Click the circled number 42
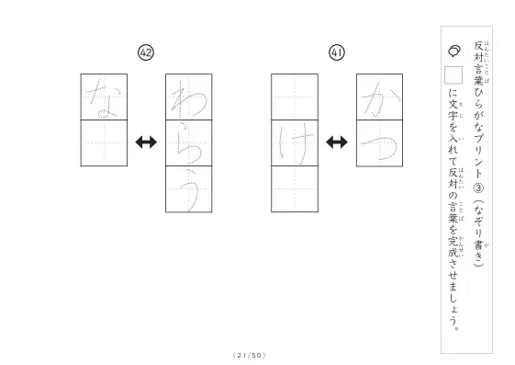(x=146, y=52)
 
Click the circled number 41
(x=337, y=52)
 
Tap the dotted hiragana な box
(x=104, y=97)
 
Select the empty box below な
(x=104, y=143)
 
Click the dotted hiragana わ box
(x=188, y=97)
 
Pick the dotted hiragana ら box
(x=188, y=143)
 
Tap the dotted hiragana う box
(x=188, y=189)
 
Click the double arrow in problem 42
(x=146, y=143)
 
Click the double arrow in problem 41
(x=337, y=143)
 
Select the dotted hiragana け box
(x=295, y=143)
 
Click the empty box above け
(x=295, y=97)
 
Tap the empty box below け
(x=295, y=189)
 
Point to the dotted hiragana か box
(x=379, y=97)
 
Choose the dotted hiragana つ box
(x=379, y=143)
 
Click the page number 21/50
(x=249, y=355)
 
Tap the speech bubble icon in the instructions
(x=454, y=51)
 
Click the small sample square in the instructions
(x=453, y=75)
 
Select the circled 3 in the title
(x=478, y=188)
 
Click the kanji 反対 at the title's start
(x=478, y=51)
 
